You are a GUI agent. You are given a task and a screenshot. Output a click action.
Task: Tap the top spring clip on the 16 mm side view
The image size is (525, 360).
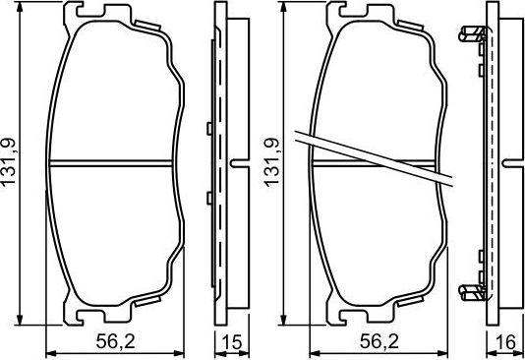coord(473,36)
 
